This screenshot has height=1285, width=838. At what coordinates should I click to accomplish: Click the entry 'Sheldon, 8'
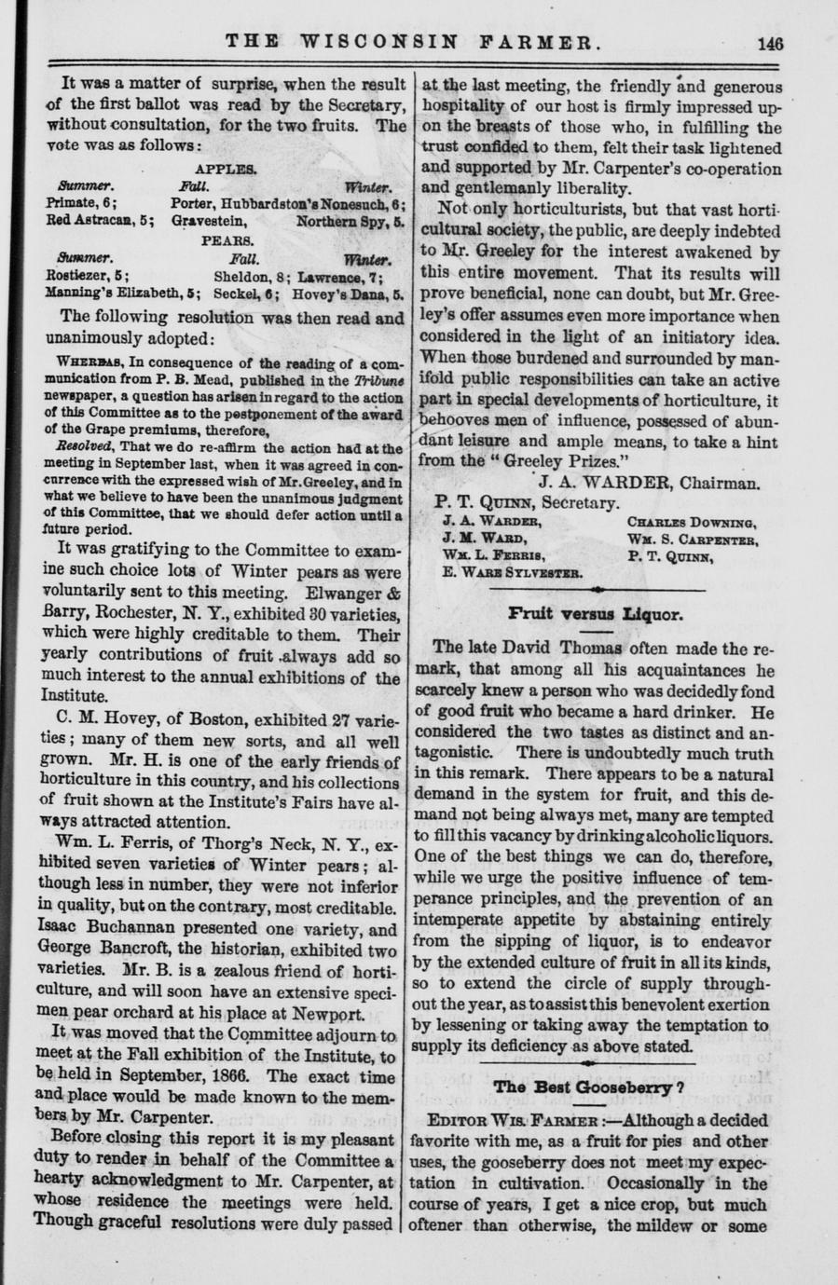tap(248, 276)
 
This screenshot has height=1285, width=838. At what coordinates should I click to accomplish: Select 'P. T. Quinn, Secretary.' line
tap(527, 503)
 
